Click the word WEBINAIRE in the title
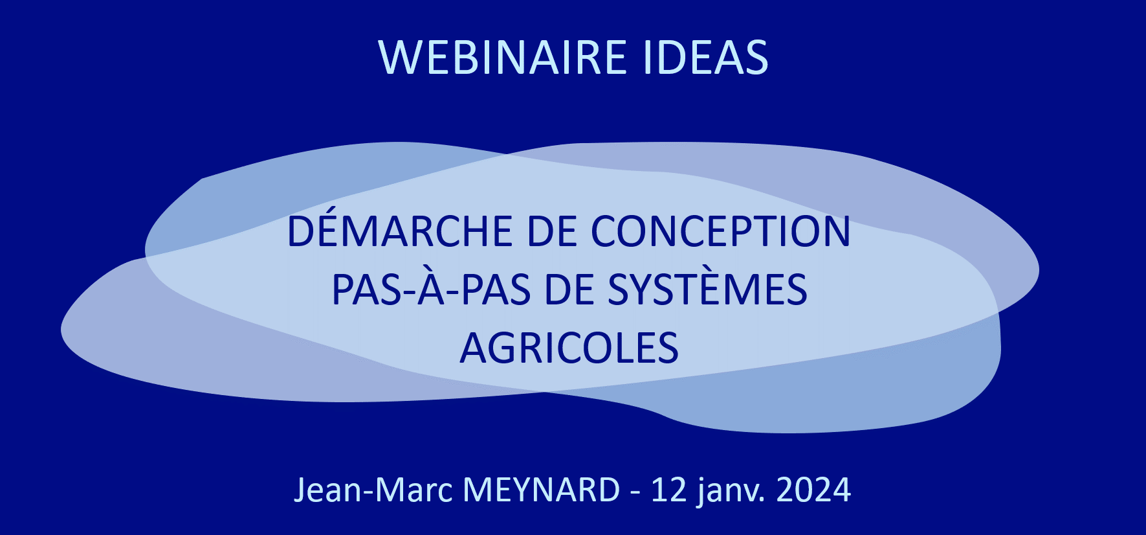point(503,58)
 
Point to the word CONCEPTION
point(720,231)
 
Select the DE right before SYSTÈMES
point(569,290)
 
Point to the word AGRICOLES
point(569,348)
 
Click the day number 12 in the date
point(669,490)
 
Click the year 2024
point(813,490)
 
